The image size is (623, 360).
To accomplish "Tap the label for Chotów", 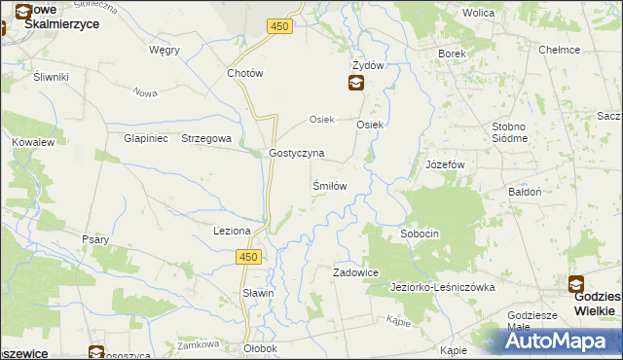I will coord(244,73).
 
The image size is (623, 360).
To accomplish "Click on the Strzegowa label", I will coord(205,138).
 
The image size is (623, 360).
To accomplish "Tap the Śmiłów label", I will coord(329,185).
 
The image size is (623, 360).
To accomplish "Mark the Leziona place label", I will coord(233,231).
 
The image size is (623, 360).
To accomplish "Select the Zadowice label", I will coord(355,273).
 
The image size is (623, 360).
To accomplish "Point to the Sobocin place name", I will coord(421,234).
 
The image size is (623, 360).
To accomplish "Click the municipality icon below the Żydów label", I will coord(357,83).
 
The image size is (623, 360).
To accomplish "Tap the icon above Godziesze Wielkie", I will coord(576,285).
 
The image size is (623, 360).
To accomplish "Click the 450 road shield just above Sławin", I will coord(248,256).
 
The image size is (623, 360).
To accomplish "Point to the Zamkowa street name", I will coord(194,345).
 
